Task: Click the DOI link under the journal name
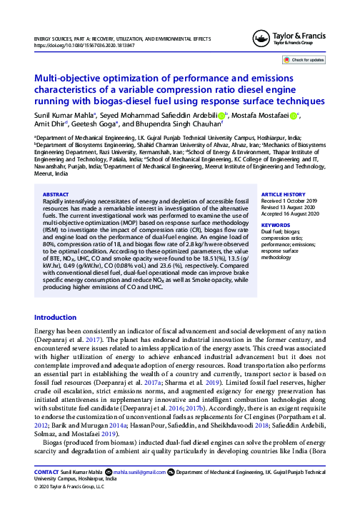point(74,44)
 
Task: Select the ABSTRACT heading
point(56,193)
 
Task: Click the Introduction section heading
point(60,317)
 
